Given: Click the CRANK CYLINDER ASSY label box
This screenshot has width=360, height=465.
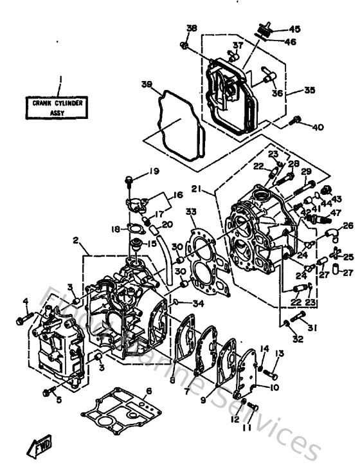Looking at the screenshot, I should tap(59, 106).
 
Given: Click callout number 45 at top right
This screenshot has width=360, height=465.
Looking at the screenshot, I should tap(294, 30).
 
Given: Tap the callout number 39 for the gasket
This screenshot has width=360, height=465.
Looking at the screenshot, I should tap(147, 84).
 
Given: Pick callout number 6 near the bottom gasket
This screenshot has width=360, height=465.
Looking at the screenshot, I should tap(148, 391).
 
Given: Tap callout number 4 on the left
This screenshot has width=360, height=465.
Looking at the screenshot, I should tap(26, 301).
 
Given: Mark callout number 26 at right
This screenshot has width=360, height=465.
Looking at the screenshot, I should tap(348, 226).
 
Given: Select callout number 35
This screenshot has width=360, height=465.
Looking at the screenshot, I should tap(310, 91).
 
